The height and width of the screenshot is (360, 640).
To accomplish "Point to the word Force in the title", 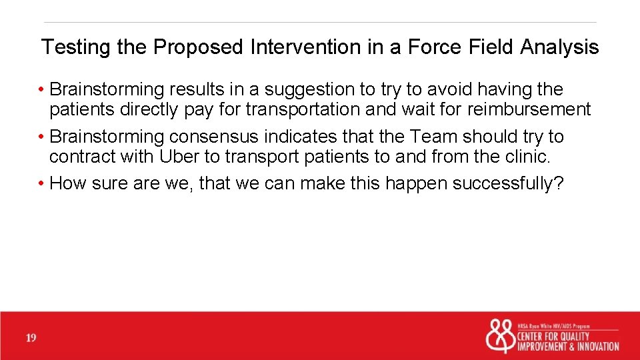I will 435,47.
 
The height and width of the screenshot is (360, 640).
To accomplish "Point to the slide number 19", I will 31,339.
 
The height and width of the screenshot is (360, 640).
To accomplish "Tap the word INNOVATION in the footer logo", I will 595,346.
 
